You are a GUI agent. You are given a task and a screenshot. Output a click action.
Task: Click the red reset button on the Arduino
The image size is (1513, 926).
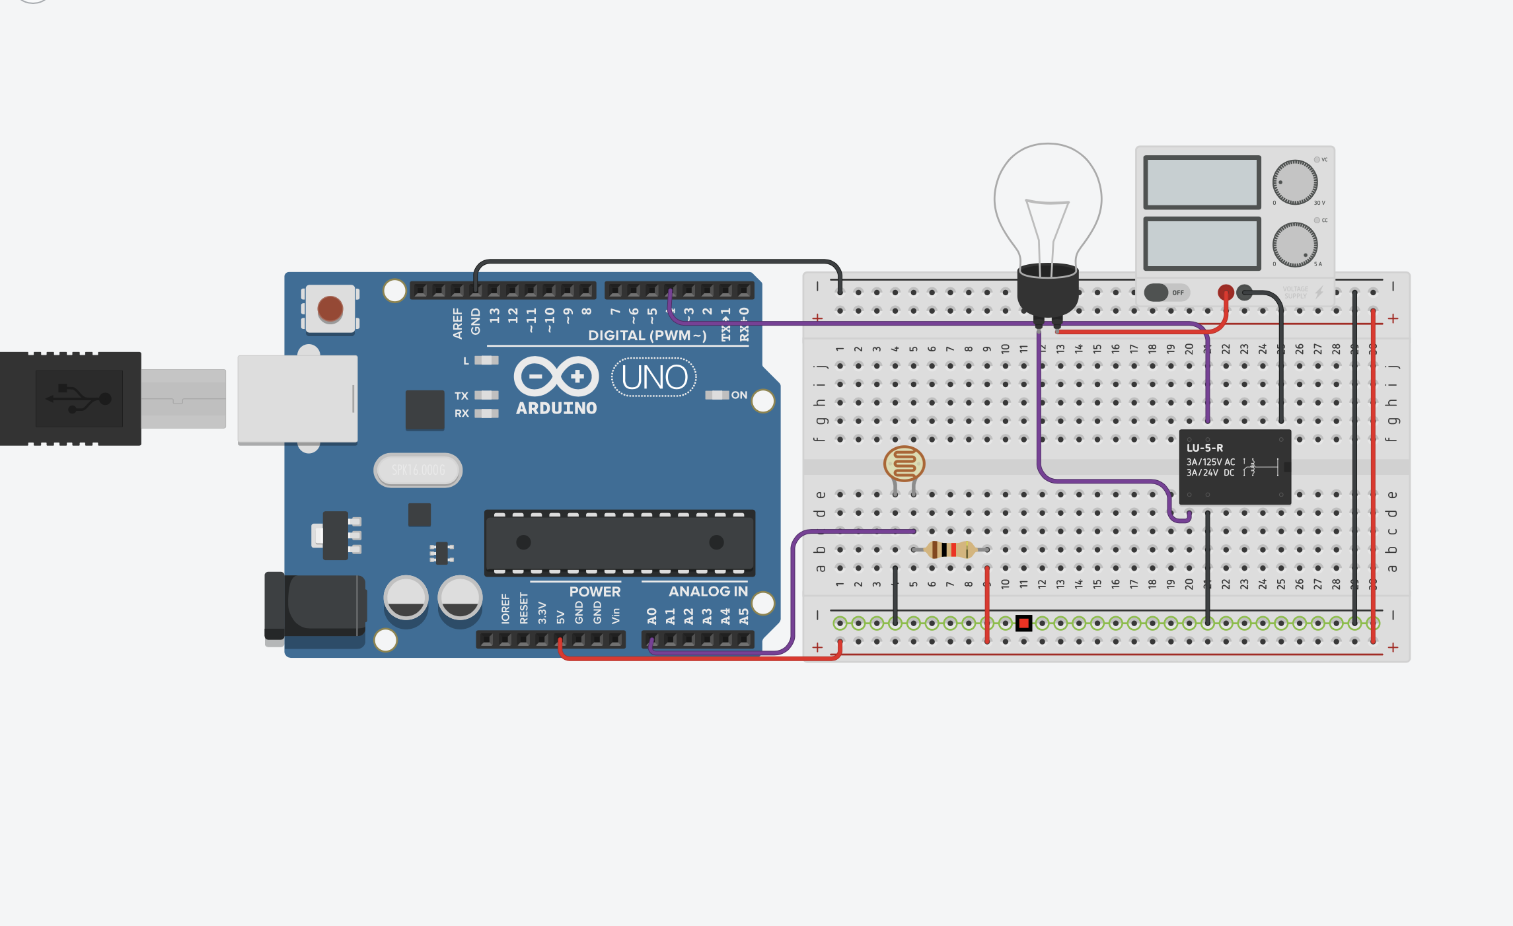pos(330,308)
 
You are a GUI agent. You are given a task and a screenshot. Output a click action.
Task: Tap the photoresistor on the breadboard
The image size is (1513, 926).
pos(904,464)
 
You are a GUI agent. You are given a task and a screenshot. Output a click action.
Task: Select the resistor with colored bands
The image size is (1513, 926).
pos(950,550)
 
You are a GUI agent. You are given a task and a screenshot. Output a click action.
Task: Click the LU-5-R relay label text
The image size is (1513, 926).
pos(1204,448)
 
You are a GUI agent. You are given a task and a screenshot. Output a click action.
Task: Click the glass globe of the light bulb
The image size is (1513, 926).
pos(1048,198)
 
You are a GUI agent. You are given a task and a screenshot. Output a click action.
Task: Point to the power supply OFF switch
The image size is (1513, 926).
pos(1166,293)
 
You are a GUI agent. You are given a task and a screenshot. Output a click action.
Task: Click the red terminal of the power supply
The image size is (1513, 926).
pos(1226,292)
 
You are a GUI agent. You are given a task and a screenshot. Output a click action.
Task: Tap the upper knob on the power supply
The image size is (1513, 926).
pos(1295,182)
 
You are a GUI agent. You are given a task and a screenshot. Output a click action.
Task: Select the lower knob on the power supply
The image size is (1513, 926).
pos(1295,244)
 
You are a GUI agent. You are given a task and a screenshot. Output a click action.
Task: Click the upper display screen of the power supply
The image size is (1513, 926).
pos(1202,182)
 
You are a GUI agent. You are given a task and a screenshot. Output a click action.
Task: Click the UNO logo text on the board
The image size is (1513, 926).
pos(654,378)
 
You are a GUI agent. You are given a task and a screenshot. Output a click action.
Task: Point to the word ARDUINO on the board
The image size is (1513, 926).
pos(556,409)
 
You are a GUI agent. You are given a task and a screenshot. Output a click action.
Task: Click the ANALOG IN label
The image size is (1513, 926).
pos(708,591)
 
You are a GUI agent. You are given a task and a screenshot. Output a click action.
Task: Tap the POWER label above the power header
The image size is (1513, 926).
pos(595,592)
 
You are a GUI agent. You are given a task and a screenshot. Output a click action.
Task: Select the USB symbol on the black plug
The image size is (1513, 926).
pos(79,398)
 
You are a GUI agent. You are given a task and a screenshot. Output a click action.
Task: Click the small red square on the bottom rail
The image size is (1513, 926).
pos(1023,623)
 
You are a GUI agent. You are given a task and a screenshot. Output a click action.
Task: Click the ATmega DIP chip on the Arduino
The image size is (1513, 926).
pos(619,543)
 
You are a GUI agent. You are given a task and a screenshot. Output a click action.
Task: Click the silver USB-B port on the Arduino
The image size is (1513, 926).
pos(297,399)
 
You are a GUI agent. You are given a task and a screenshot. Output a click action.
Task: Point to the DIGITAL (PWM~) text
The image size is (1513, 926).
pos(647,336)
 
